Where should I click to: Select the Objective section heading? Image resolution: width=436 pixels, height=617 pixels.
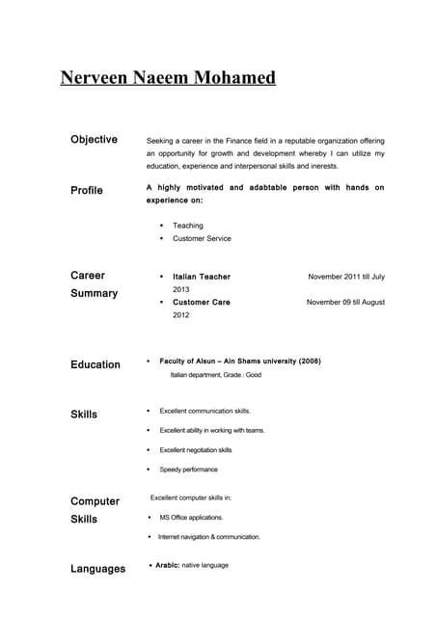click(94, 140)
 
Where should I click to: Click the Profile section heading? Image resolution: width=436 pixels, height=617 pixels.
click(87, 191)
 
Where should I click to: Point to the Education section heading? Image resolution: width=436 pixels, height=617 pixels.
click(95, 364)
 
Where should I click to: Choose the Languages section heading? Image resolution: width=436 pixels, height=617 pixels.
click(97, 569)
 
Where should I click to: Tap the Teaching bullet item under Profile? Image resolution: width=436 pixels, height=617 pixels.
click(188, 226)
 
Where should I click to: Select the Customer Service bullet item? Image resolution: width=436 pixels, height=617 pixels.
click(202, 238)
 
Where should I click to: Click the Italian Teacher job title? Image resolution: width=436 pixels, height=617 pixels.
click(202, 277)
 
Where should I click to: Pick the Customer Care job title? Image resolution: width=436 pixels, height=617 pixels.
click(202, 302)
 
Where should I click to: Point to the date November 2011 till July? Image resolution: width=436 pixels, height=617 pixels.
click(346, 277)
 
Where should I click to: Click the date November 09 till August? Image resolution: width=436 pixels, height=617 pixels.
click(345, 302)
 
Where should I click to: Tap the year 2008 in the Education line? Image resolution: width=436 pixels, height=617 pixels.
click(309, 361)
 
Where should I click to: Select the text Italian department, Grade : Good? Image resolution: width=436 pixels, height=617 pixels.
click(216, 374)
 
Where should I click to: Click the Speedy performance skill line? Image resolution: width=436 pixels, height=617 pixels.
click(189, 469)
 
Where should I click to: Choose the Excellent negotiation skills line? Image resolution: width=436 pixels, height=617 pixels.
click(196, 450)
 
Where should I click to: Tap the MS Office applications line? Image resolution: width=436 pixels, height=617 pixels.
click(191, 518)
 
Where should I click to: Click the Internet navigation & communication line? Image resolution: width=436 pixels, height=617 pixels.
click(209, 537)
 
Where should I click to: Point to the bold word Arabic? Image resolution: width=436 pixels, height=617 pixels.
click(167, 565)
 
